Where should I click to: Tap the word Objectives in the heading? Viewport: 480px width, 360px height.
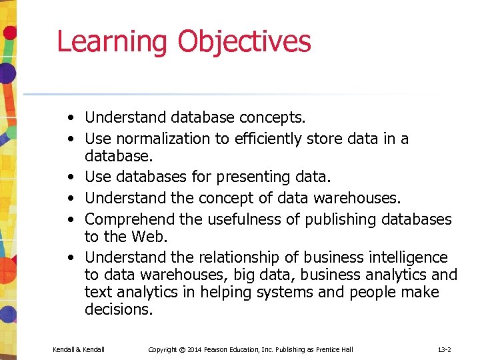[244, 42]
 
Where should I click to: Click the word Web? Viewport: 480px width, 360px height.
[147, 237]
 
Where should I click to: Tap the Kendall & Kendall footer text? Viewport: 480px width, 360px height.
[79, 349]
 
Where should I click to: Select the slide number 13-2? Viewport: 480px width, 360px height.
[444, 349]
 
